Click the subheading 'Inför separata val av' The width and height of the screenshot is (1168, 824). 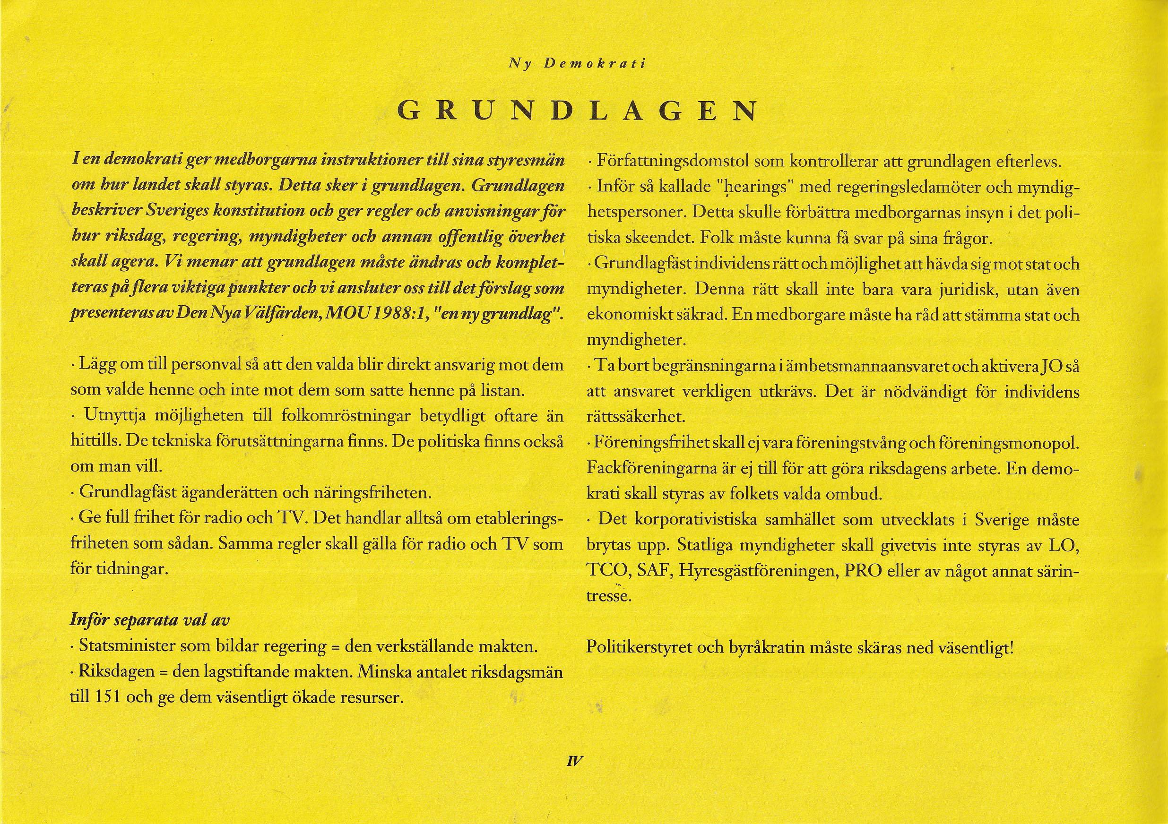(x=150, y=620)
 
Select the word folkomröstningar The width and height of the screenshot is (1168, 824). (x=346, y=417)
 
